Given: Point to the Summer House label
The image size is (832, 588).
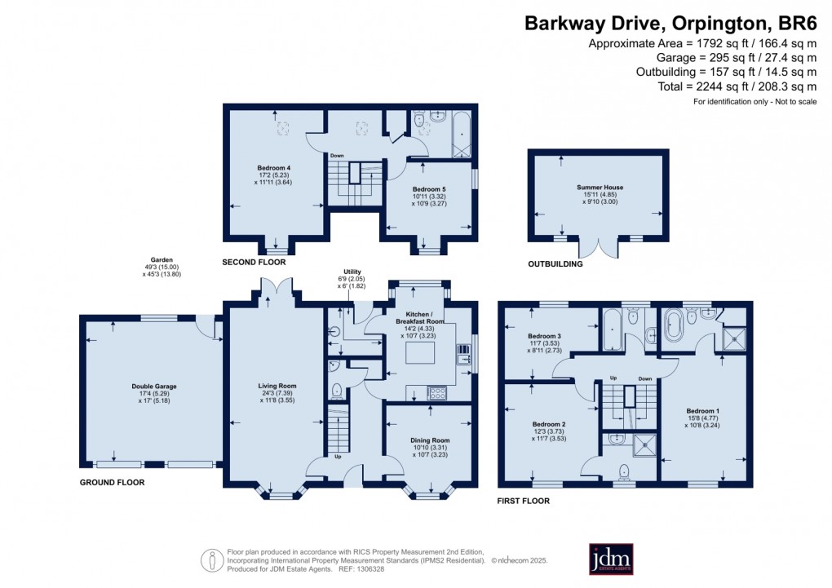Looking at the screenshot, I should pos(600,188).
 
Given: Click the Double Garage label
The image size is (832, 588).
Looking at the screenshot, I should pos(154,387).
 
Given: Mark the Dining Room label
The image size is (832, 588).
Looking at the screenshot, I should pos(430,440).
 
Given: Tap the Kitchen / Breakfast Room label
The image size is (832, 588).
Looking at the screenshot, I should pos(418,317).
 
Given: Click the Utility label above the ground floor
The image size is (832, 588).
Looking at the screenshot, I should pos(352,272).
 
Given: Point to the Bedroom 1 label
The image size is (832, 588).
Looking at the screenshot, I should pos(702,410).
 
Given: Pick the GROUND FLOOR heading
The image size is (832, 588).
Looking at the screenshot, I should pos(112,483).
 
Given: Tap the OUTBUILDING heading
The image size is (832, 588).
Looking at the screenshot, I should pos(555,264).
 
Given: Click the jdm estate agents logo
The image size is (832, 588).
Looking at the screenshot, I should pos(611,559).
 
